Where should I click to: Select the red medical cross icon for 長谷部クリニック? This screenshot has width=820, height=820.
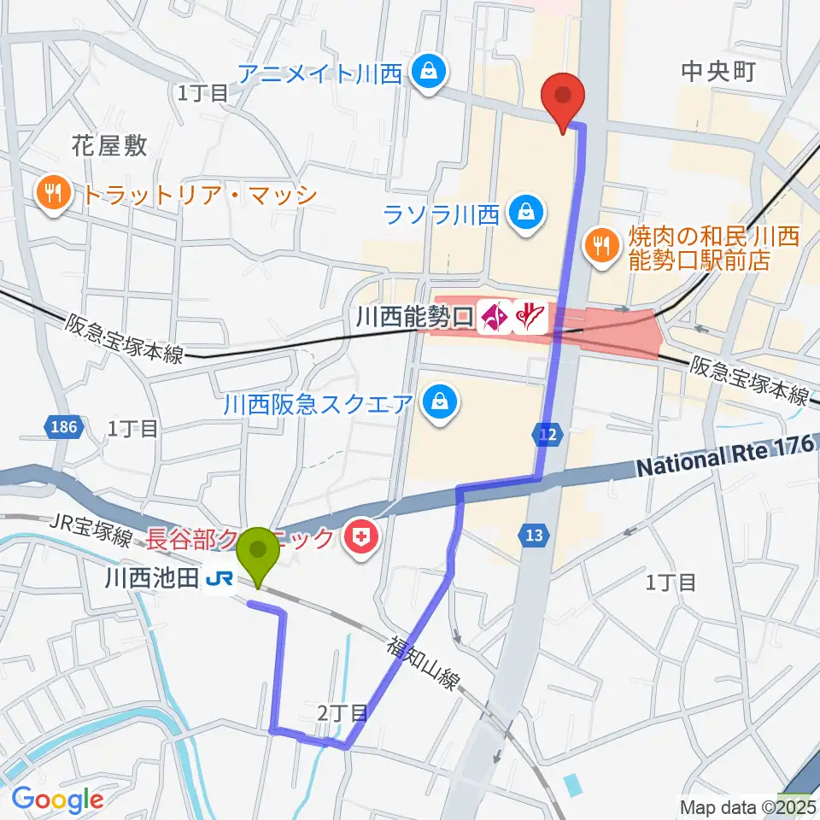pos(362,538)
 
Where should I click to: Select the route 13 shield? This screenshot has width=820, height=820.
pos(532,536)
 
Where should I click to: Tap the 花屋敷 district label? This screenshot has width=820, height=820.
pos(109,145)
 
